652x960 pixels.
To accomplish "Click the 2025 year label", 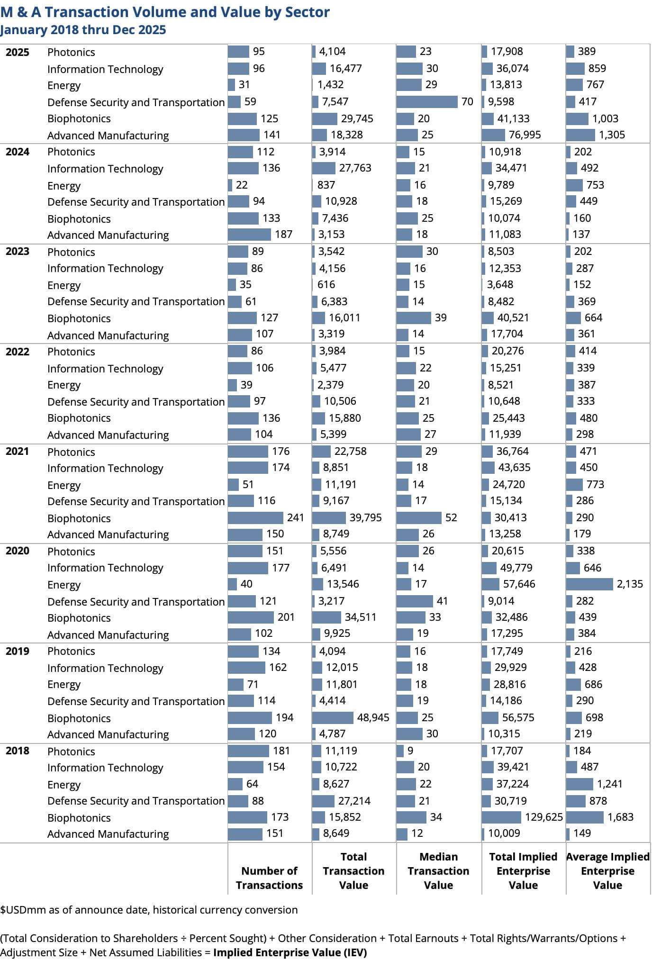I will [17, 52].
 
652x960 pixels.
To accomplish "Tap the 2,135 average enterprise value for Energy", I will [630, 584].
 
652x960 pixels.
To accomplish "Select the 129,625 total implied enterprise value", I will [544, 817].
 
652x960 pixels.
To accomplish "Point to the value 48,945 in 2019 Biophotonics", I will [373, 717].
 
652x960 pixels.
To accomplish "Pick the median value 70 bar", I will [427, 101].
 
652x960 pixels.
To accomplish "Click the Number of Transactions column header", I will [269, 878].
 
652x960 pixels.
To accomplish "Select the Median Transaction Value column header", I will [438, 871].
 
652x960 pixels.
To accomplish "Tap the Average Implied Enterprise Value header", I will [607, 871].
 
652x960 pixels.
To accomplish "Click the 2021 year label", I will [17, 451].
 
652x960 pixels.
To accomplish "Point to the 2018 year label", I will [17, 751].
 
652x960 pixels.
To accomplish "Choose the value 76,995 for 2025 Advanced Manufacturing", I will [525, 135].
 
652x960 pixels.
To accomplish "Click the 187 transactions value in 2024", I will [283, 234].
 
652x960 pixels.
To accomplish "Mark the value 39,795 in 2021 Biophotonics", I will [365, 517].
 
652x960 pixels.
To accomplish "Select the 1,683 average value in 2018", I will [620, 817].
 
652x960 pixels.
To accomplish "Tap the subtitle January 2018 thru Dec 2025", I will [83, 30].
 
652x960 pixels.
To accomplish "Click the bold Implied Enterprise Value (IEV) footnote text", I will [290, 952].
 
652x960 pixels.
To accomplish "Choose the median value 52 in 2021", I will [451, 517].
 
